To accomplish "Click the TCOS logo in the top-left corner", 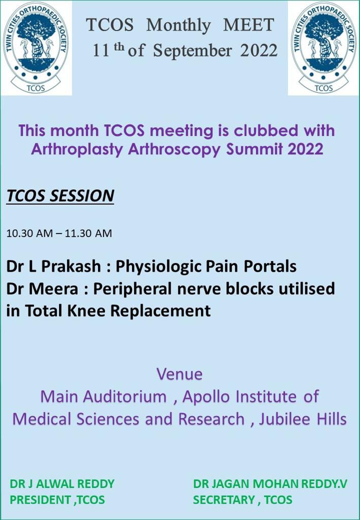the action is click(36, 48).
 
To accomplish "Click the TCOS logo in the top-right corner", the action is click(323, 48).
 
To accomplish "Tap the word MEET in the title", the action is click(249, 25).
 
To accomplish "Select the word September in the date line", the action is click(192, 51).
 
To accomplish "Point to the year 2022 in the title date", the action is click(259, 51).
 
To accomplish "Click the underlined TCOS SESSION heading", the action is click(60, 196).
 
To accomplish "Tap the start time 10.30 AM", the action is click(29, 233).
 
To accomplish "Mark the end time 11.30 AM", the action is click(88, 233).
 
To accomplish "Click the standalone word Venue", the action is click(180, 374).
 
